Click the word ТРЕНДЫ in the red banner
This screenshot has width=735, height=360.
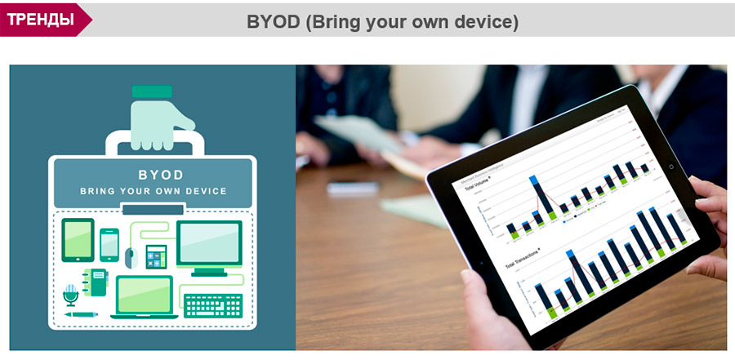(x=40, y=19)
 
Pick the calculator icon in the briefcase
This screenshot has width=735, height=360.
(x=156, y=256)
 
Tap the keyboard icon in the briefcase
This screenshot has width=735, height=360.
(x=214, y=305)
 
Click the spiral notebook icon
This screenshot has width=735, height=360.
(x=98, y=282)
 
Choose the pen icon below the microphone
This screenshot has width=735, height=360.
(x=81, y=314)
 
